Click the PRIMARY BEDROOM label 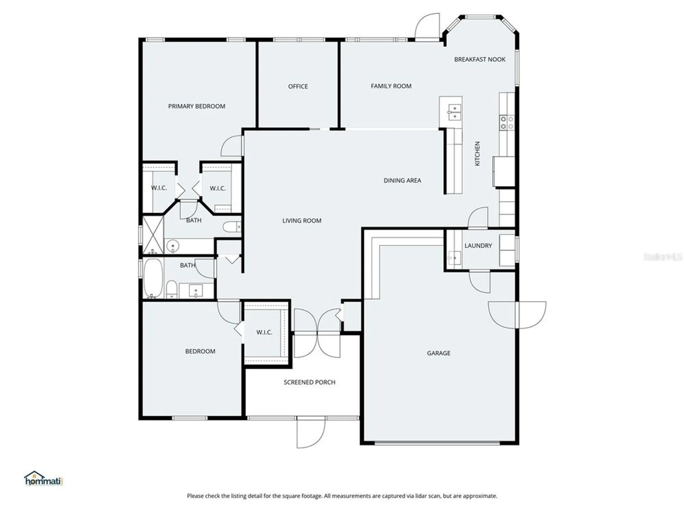197,106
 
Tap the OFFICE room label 298,87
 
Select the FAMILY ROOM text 391,86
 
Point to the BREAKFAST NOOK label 479,60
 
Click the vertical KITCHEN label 477,154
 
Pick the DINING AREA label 402,181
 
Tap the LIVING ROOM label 302,221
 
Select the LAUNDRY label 478,246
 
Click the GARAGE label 438,353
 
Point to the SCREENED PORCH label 309,382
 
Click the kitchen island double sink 455,113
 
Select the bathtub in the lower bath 153,278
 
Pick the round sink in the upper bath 173,246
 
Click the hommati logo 43,479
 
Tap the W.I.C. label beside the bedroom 264,332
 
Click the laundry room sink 455,257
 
